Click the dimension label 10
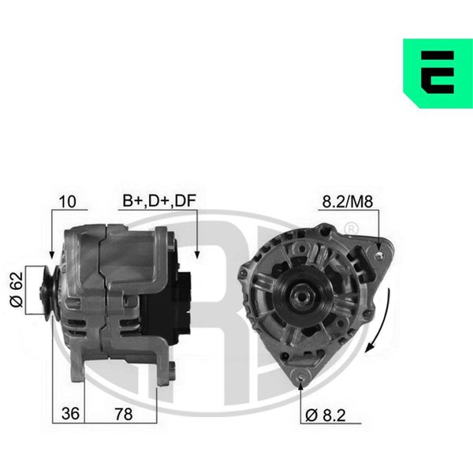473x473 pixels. click(67, 202)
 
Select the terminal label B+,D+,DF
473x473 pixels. click(159, 201)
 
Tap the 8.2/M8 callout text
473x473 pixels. click(347, 202)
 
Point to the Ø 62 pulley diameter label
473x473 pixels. click(17, 289)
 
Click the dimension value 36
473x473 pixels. click(70, 413)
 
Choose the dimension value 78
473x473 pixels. click(124, 414)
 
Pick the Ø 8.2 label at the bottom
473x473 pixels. click(325, 415)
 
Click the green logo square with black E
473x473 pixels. click(438, 73)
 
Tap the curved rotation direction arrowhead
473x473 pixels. click(370, 347)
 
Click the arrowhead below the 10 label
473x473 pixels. click(52, 255)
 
